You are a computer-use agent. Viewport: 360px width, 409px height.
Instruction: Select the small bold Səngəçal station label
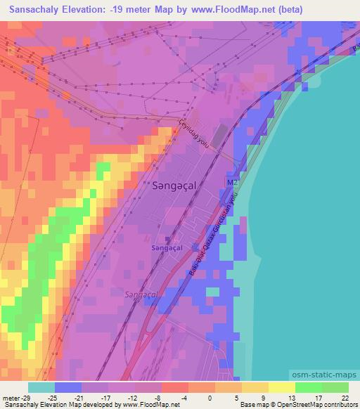167,248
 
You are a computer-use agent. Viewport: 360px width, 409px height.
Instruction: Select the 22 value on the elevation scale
345,397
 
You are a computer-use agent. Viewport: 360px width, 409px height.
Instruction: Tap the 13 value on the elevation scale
291,397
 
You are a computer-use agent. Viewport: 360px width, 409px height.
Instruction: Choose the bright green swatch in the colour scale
309,387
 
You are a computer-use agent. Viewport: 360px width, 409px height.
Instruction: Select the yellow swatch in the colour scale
282,387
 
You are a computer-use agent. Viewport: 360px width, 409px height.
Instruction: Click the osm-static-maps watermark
320,376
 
